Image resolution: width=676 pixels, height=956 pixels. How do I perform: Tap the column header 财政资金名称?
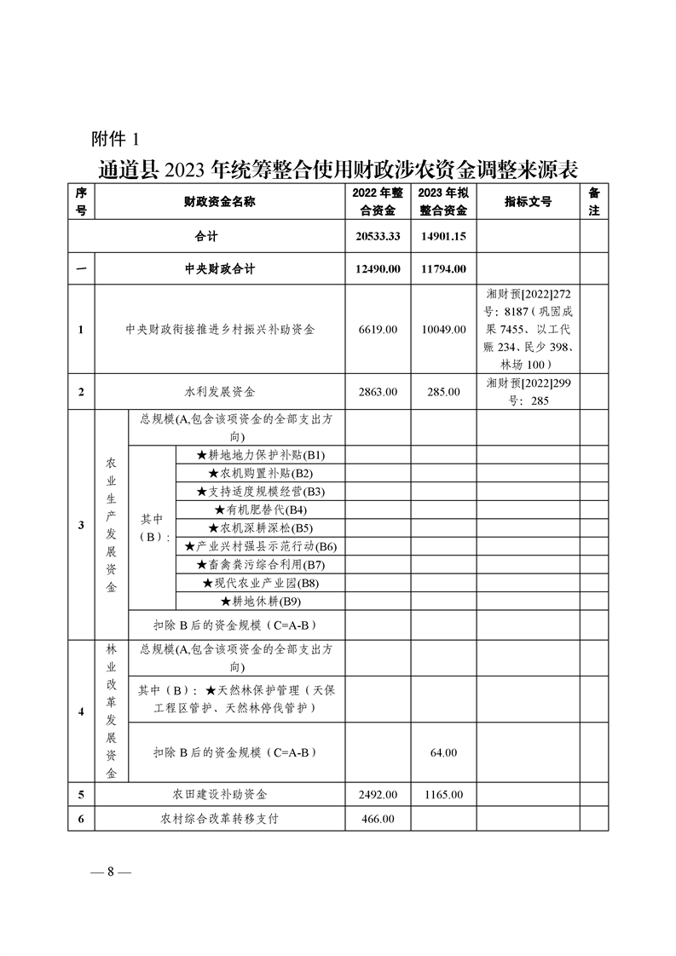pos(220,202)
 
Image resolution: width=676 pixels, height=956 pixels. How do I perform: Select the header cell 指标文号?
pos(528,202)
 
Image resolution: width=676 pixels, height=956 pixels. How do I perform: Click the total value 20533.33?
pos(378,236)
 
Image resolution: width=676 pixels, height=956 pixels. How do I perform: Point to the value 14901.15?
pos(443,236)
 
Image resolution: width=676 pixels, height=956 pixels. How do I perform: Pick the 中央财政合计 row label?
pos(220,269)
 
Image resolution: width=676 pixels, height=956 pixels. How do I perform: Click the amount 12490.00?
pos(378,269)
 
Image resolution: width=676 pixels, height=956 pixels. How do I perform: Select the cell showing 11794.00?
pos(443,269)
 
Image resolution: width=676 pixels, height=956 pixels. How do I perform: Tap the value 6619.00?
pos(378,329)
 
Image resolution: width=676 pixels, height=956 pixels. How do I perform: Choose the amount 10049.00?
pos(443,329)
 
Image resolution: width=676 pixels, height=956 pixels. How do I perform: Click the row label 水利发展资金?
pos(220,392)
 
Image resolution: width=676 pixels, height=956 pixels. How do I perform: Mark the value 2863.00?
pos(378,392)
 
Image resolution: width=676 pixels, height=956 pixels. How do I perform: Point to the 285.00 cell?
pos(443,392)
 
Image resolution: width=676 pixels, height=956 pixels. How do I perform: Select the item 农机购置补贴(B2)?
pos(261,473)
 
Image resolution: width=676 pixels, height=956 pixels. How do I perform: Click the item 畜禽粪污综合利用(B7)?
pos(261,565)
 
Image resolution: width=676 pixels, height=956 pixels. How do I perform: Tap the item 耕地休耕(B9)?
pos(261,602)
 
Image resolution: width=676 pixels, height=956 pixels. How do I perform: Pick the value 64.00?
pos(443,752)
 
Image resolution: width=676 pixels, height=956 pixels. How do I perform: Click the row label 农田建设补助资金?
pos(220,794)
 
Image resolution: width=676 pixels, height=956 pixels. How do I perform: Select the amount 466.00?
pos(378,819)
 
